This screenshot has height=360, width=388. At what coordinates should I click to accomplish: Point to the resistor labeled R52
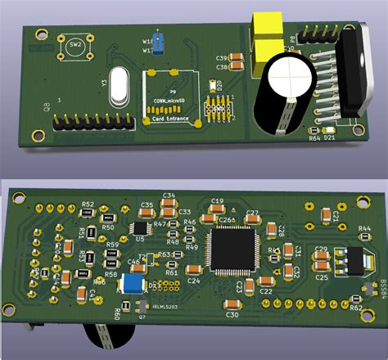pos(87,212)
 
